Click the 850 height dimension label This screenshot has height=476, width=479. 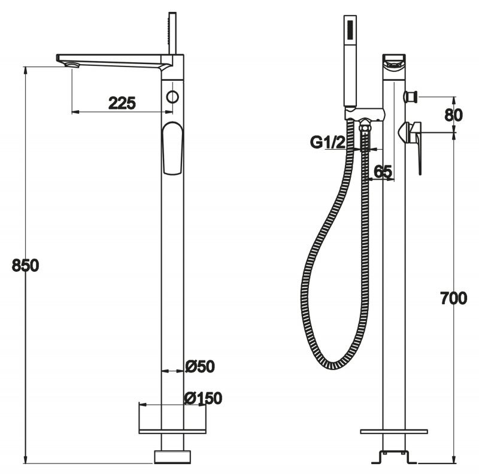tap(25, 265)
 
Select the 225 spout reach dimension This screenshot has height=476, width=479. tap(122, 103)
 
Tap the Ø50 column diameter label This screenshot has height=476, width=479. tap(200, 366)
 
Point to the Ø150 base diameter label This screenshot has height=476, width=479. tap(203, 398)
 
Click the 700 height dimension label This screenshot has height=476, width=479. tap(454, 298)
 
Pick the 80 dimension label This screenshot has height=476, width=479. tap(454, 115)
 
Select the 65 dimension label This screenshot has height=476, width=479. tap(383, 171)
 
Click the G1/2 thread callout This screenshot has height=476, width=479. tap(328, 142)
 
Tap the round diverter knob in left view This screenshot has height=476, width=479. tap(172, 97)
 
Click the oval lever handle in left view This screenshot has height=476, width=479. tap(172, 148)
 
